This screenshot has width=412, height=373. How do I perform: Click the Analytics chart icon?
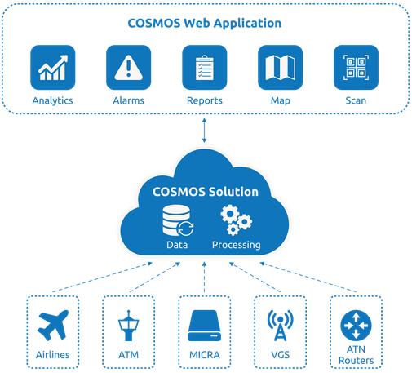(x=52, y=68)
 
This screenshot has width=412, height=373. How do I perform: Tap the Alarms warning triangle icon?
(x=128, y=68)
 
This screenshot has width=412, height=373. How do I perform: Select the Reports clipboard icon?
(x=205, y=68)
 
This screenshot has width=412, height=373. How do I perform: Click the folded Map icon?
(x=280, y=68)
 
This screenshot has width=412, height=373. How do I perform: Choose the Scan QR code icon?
(x=356, y=68)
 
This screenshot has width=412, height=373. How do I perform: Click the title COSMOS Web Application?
(x=205, y=23)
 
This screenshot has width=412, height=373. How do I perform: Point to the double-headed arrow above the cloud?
(x=204, y=130)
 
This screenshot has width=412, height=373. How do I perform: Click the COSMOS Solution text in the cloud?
(x=206, y=192)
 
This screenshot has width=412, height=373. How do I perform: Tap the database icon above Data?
(x=178, y=220)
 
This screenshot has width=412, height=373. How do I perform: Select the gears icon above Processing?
(x=237, y=220)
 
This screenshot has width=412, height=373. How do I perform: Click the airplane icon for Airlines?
(x=53, y=325)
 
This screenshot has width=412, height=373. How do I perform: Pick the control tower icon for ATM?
(x=128, y=326)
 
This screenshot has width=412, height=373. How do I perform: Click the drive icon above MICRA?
(x=205, y=326)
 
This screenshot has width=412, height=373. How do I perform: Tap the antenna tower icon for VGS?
(x=281, y=326)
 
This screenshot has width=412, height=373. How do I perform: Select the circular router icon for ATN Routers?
(x=356, y=326)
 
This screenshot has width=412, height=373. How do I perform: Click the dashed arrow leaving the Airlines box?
(x=102, y=277)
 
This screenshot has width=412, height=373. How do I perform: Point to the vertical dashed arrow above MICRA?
(x=204, y=277)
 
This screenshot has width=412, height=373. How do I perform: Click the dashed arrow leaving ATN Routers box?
(x=308, y=277)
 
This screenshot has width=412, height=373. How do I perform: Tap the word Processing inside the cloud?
(x=237, y=245)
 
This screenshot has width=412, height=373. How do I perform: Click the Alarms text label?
(x=128, y=100)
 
